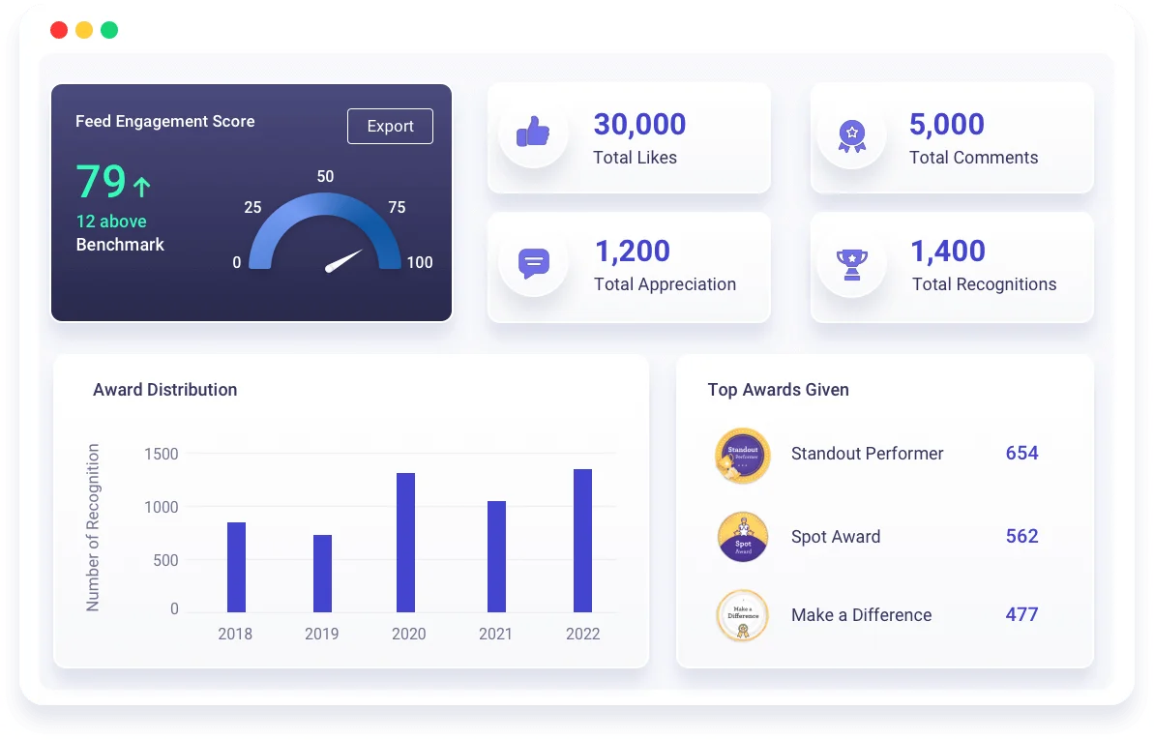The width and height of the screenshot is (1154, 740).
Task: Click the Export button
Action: click(390, 127)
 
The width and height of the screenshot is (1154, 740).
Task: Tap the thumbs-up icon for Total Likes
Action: click(533, 132)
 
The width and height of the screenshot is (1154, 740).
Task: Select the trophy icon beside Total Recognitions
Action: click(852, 263)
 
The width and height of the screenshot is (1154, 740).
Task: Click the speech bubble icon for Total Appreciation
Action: click(533, 263)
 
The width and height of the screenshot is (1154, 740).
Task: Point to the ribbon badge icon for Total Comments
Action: click(852, 134)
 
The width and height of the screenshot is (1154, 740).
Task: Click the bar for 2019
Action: click(322, 574)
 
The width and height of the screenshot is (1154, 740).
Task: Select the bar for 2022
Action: click(582, 541)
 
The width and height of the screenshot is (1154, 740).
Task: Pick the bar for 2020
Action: click(406, 543)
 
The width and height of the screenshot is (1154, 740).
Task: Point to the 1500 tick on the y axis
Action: click(162, 454)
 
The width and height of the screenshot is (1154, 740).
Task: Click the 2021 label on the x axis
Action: click(496, 635)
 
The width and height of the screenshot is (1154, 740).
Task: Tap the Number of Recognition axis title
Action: click(94, 527)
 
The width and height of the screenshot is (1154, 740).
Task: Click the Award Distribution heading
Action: click(164, 390)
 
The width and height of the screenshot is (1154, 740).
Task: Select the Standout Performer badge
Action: click(743, 455)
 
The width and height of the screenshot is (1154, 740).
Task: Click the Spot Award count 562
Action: click(1021, 537)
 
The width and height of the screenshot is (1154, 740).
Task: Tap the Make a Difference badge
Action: click(743, 616)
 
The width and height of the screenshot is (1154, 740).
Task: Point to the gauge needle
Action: click(344, 260)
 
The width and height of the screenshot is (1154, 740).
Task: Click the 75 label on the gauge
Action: click(397, 207)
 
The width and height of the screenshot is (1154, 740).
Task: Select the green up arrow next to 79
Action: click(142, 186)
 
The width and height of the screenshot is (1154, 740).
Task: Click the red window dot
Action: click(59, 30)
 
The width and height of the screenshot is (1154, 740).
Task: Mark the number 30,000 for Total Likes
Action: click(639, 125)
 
